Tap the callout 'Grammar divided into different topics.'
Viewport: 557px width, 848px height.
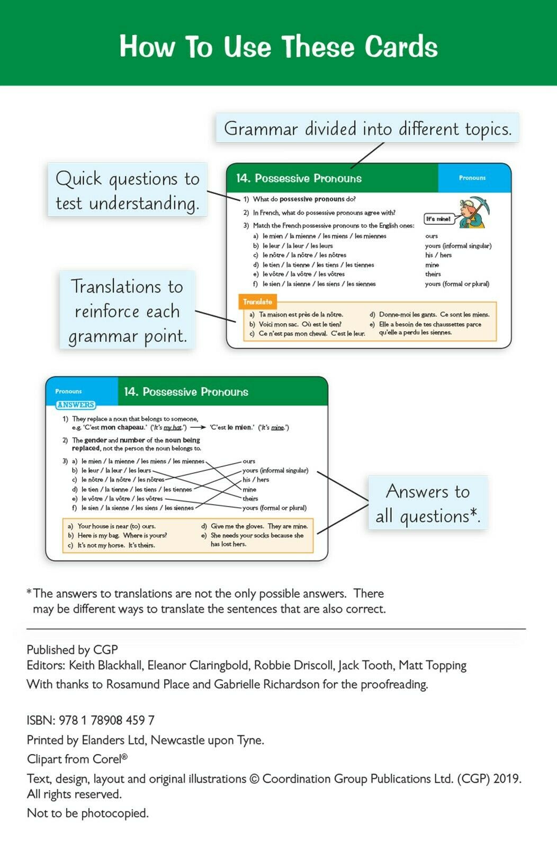pos(367,129)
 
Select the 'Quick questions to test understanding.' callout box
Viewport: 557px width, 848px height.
pos(128,190)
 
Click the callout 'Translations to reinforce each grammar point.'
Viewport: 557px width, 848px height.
pos(127,311)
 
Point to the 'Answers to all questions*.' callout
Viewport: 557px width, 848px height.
pos(427,503)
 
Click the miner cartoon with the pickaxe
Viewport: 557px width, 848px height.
pos(473,211)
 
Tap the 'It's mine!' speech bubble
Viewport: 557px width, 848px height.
pos(438,218)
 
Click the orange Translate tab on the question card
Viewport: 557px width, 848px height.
pos(257,302)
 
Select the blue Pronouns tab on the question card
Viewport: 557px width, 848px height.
pos(472,178)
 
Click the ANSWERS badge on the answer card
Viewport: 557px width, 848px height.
pos(76,405)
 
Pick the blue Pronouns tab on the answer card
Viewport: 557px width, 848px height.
pos(69,391)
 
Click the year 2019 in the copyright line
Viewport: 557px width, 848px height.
pos(506,779)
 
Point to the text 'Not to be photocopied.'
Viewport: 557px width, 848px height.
pos(88,813)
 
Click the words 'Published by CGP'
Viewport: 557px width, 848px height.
pos(73,650)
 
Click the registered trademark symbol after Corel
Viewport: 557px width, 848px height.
pos(124,757)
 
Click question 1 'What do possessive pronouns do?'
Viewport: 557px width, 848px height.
pos(304,199)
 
